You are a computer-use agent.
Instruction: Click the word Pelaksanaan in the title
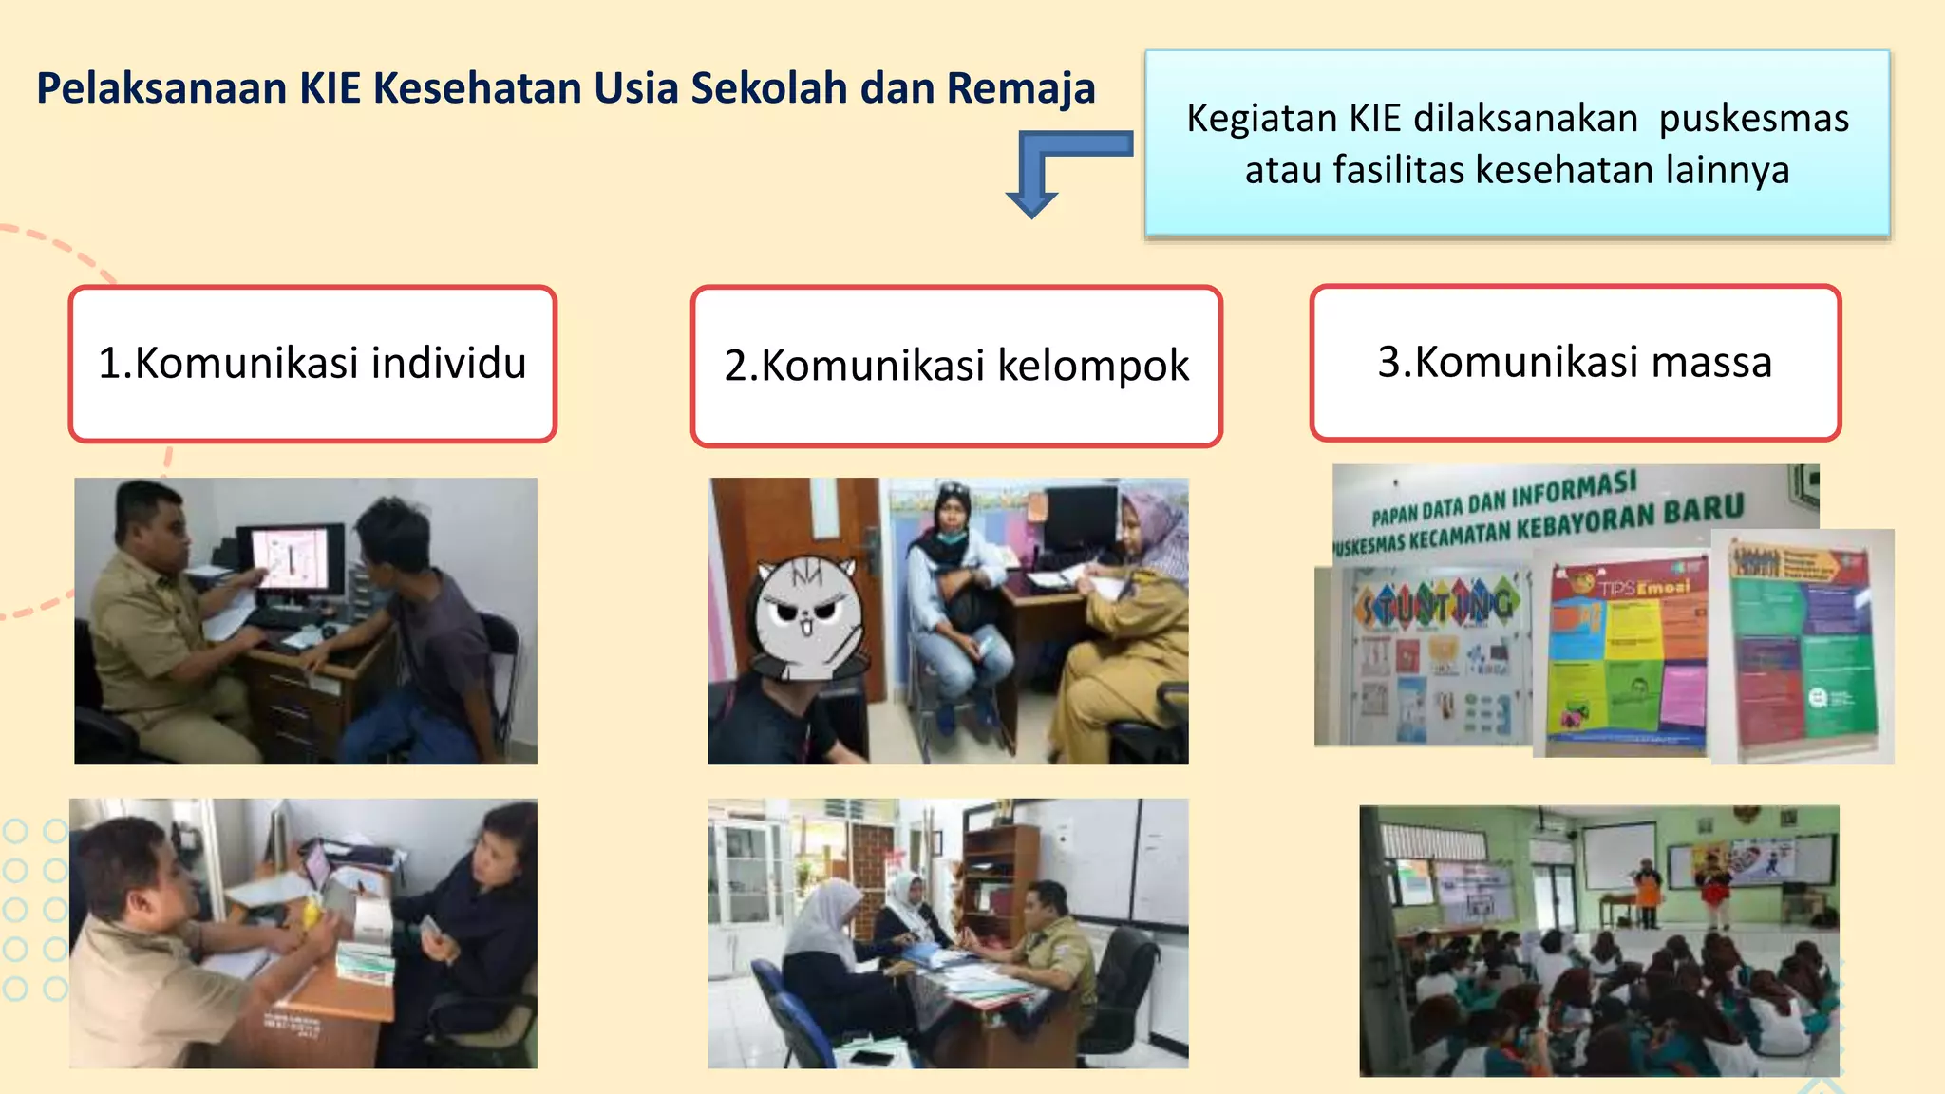tap(161, 88)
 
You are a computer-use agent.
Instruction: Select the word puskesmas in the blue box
tap(1753, 119)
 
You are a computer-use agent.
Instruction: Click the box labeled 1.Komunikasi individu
tap(312, 364)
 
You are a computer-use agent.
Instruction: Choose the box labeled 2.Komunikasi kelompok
tap(956, 367)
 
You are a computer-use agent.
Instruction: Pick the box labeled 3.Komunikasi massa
tap(1575, 363)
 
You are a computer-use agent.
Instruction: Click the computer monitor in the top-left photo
tap(290, 560)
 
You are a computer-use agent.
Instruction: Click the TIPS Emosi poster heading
tap(1643, 586)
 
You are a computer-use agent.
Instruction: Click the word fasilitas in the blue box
tap(1398, 171)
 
